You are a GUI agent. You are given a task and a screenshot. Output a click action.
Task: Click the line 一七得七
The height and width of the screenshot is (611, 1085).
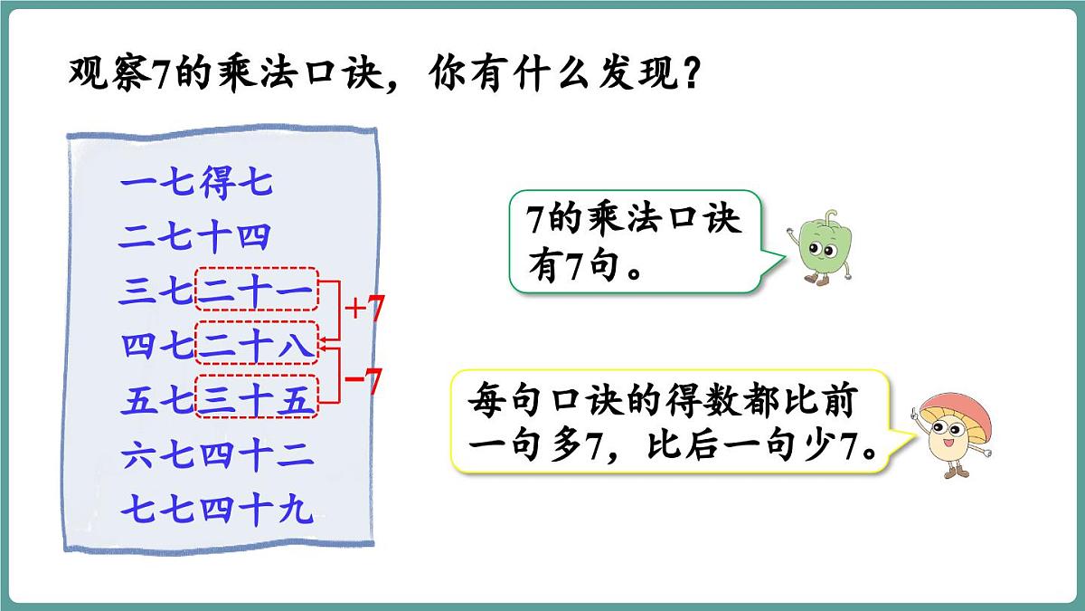coord(195,186)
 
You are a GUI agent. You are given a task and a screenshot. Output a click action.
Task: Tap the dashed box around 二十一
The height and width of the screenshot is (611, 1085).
coord(257,291)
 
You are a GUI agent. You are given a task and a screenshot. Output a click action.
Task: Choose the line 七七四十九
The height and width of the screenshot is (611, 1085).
coord(217,511)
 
